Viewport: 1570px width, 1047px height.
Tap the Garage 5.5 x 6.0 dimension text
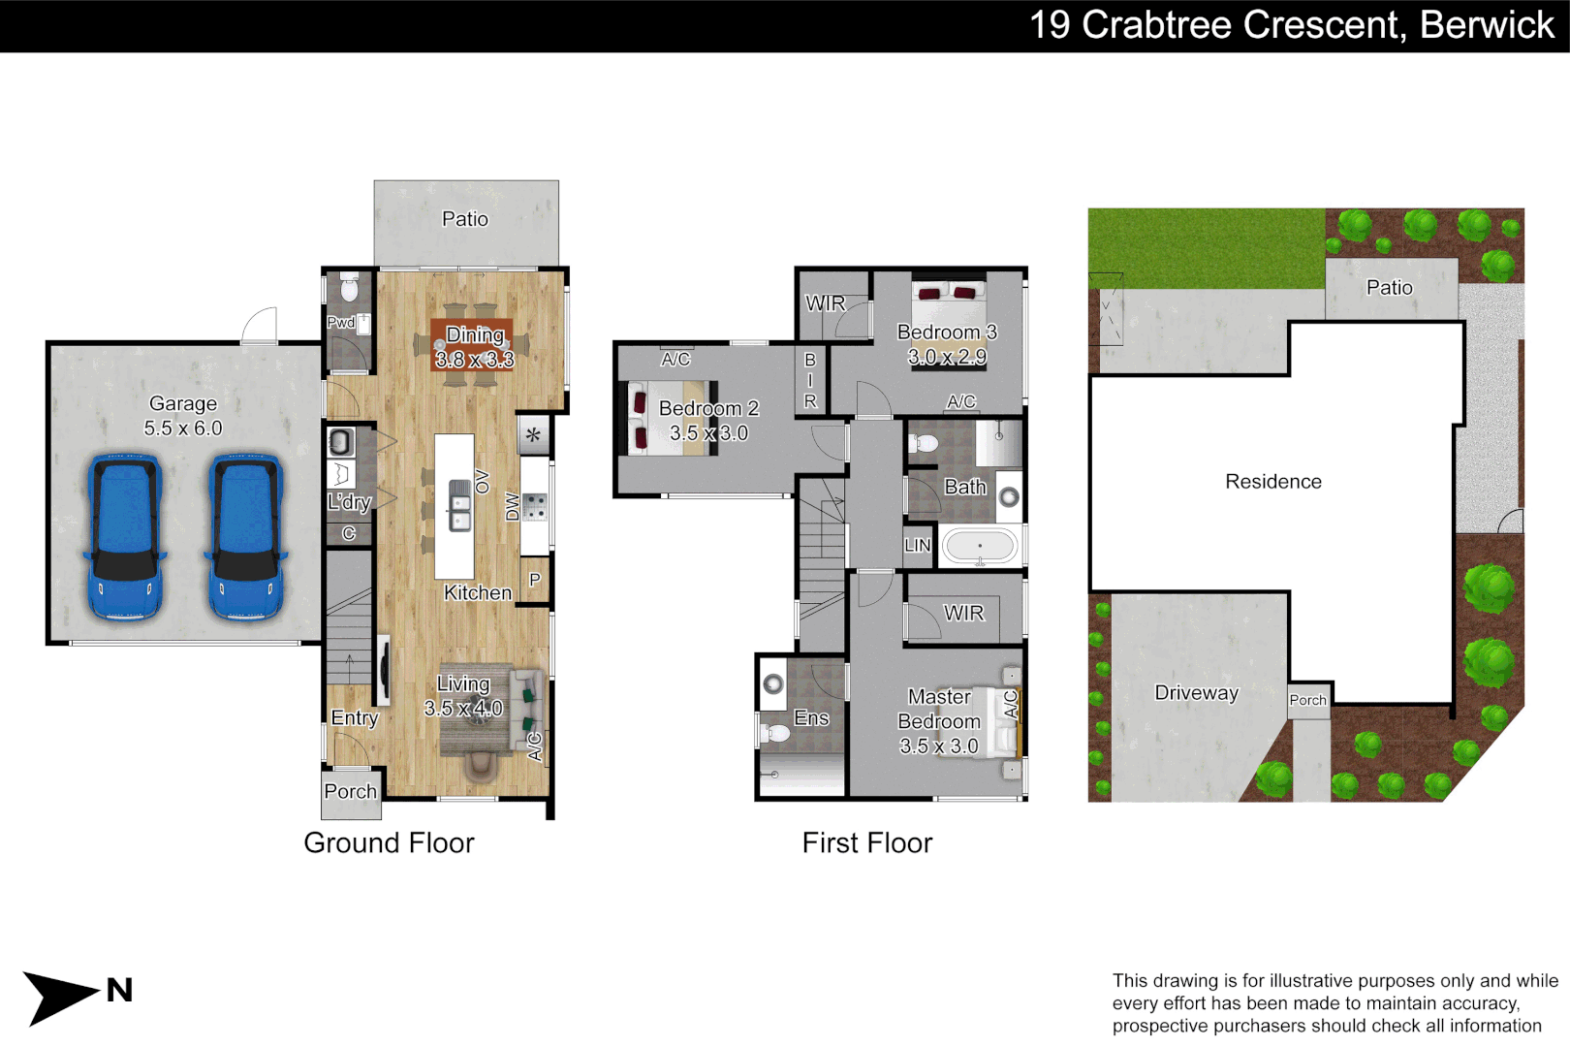183,428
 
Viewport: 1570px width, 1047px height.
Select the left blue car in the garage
125,537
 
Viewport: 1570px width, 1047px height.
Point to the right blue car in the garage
246,537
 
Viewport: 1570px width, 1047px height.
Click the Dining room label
475,334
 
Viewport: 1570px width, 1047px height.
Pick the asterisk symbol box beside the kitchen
533,435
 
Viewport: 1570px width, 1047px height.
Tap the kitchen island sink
459,505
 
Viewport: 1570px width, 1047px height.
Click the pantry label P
535,580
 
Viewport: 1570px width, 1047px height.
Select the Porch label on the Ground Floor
351,791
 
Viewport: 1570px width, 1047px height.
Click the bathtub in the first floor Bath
979,547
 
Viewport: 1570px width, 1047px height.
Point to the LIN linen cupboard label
918,545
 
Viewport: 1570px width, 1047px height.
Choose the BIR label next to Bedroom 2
810,380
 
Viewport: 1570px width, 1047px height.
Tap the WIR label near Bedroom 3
825,302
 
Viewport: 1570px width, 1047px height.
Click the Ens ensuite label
811,717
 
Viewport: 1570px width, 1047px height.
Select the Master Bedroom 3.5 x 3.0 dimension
938,746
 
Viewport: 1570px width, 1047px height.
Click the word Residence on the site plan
1272,481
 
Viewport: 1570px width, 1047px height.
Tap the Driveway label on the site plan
1197,693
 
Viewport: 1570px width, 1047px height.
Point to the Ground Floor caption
389,842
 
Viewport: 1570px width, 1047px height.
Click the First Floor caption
867,842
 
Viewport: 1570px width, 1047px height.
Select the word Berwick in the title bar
1488,25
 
